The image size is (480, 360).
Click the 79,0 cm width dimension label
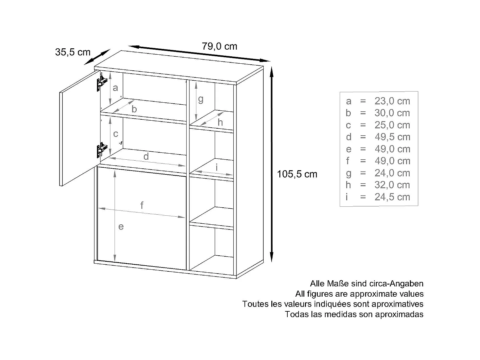(x=220, y=46)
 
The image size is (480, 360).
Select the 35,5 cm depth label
(x=73, y=52)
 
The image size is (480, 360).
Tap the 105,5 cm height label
(x=297, y=174)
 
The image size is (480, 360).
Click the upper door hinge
(x=100, y=82)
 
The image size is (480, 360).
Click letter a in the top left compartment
(x=116, y=88)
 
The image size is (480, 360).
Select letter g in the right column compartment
(x=201, y=100)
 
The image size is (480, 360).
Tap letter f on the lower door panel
(x=142, y=205)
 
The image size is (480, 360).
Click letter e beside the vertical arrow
(x=121, y=227)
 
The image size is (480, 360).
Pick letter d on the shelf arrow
(x=146, y=156)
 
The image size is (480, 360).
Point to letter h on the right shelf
(x=220, y=122)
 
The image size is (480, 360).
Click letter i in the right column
(x=217, y=167)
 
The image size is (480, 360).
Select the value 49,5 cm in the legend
(x=392, y=137)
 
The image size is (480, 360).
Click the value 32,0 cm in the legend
(x=392, y=185)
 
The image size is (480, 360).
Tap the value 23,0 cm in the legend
(x=392, y=101)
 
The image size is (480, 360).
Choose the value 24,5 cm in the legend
(x=392, y=197)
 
